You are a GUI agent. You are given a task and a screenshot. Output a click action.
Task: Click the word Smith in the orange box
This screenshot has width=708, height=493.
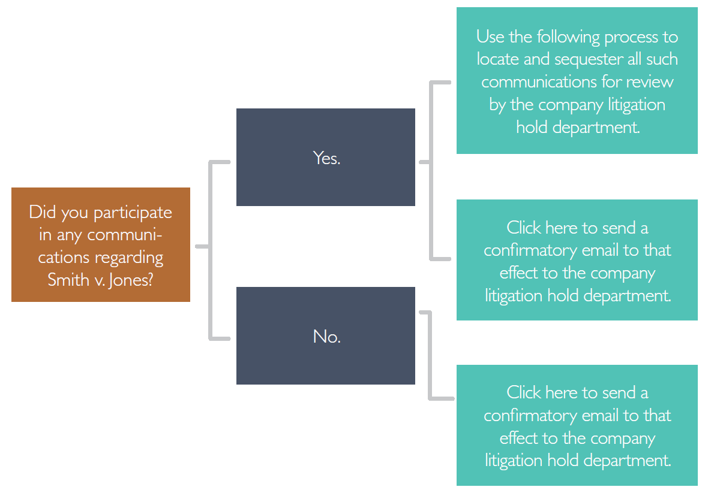(x=68, y=280)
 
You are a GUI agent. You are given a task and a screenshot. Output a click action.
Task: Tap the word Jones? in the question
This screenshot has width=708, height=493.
(x=131, y=280)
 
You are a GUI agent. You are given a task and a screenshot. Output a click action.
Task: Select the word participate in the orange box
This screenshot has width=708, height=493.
(x=133, y=213)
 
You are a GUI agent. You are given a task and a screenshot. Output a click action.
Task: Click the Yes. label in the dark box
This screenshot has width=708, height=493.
(x=326, y=158)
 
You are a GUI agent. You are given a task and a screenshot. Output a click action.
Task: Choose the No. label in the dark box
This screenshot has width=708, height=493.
(x=326, y=337)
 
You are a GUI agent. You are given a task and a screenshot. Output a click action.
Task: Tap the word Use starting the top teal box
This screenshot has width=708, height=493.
(x=490, y=37)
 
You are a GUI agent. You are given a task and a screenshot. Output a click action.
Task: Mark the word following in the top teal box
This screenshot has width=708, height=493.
(x=568, y=37)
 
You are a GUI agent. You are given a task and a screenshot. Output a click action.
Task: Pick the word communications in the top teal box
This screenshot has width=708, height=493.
(x=548, y=81)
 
